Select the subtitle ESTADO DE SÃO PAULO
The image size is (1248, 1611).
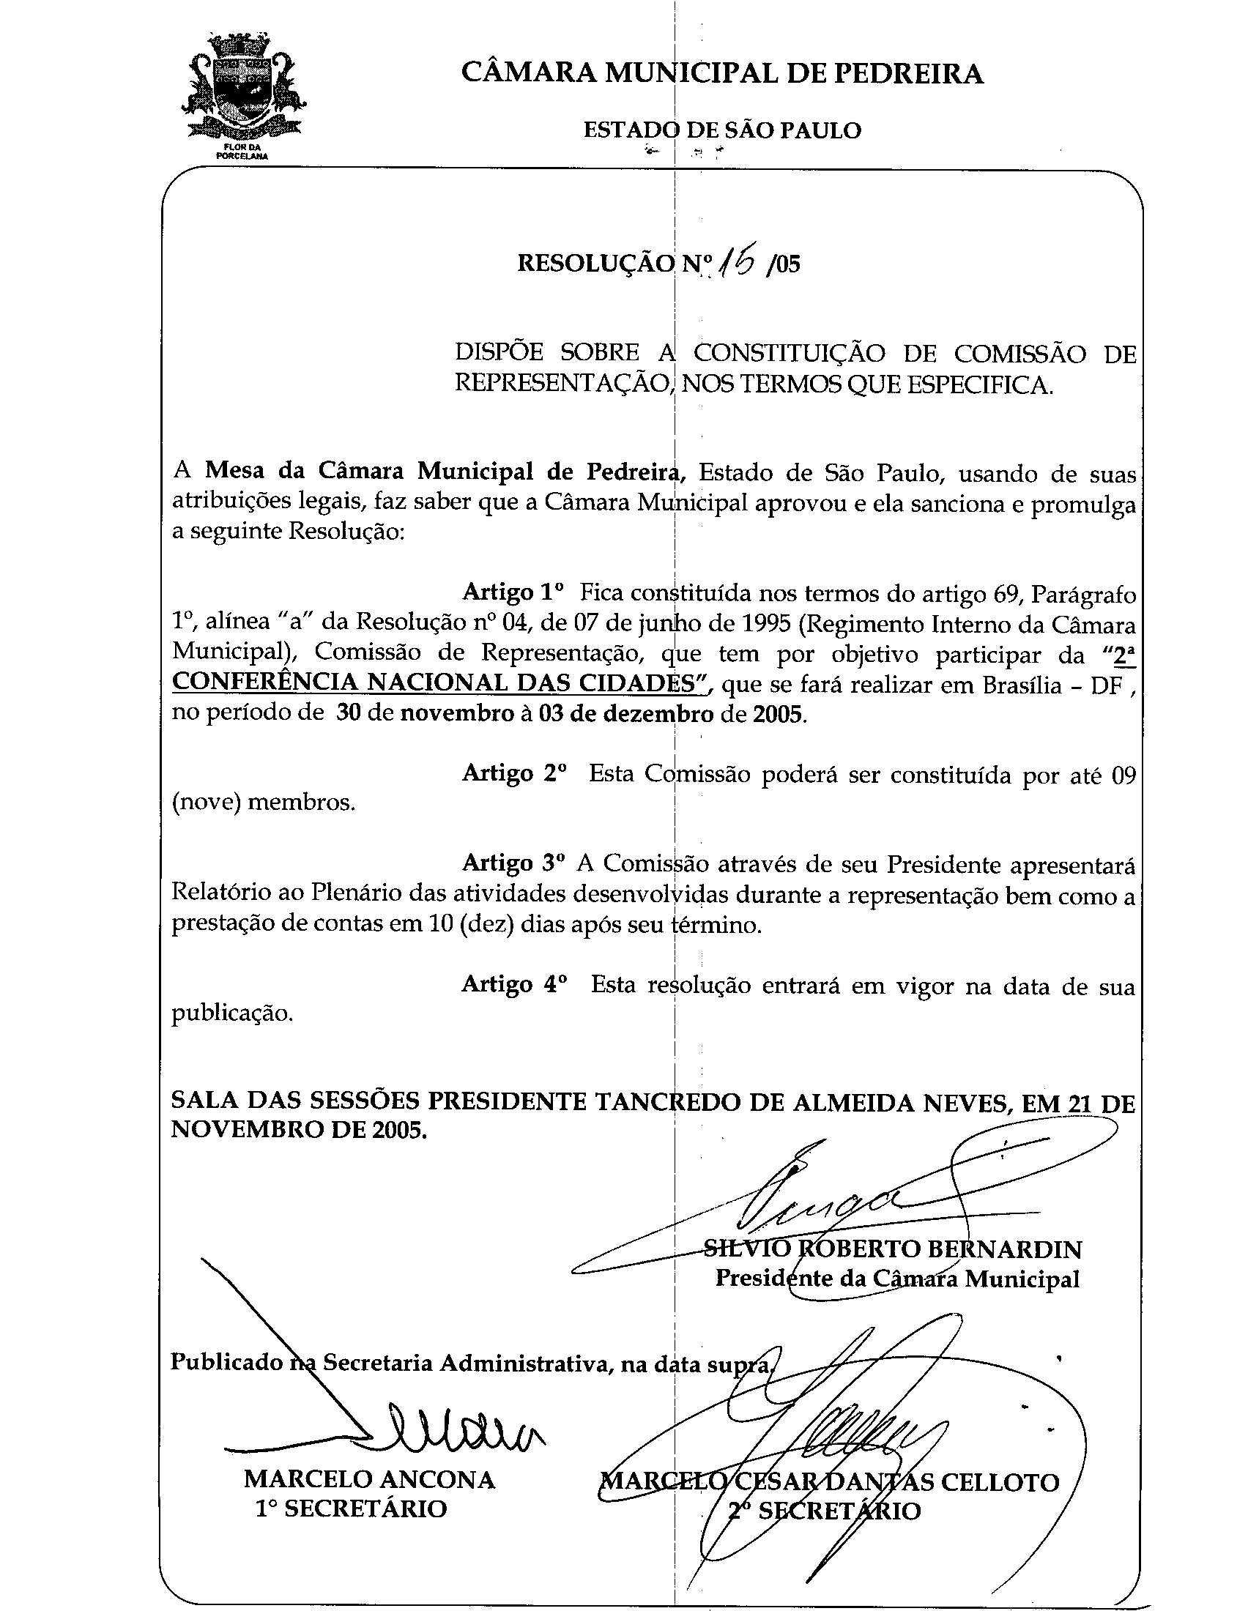(x=722, y=131)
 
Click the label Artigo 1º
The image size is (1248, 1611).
(x=513, y=592)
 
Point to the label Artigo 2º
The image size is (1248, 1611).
(x=514, y=773)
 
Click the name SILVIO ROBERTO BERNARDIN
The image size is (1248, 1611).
(x=893, y=1249)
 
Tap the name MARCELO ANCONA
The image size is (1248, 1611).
(x=370, y=1480)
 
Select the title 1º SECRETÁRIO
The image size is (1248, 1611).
(x=351, y=1509)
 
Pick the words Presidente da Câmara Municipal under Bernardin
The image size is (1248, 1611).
(x=897, y=1279)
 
